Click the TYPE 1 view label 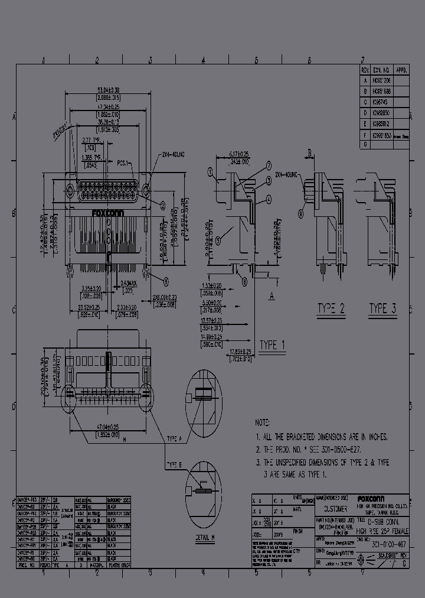(x=272, y=345)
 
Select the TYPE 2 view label (x=331, y=308)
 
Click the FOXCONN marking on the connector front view (x=107, y=213)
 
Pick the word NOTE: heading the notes (x=263, y=424)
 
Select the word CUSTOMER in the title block (x=335, y=508)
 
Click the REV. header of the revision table (x=364, y=69)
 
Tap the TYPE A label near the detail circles (x=173, y=439)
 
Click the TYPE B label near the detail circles (x=173, y=464)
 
